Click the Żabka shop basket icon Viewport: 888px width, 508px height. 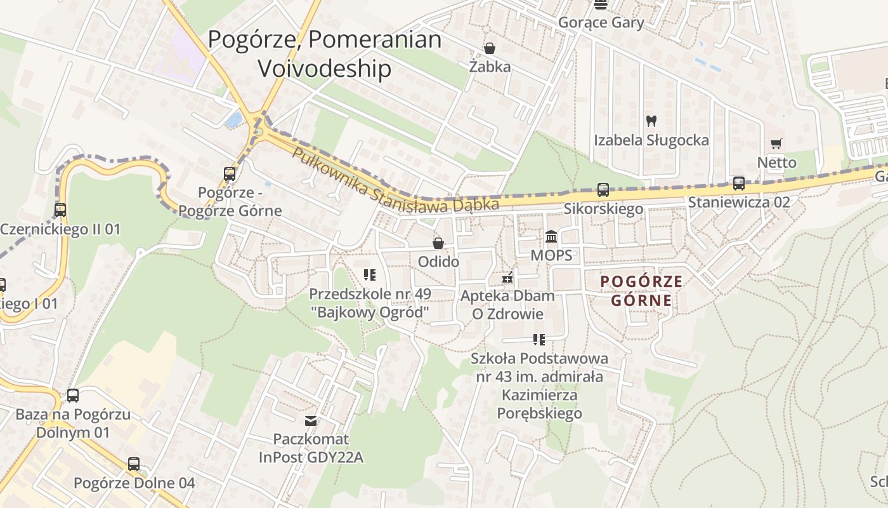click(x=490, y=48)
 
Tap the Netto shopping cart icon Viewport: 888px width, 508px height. click(x=776, y=145)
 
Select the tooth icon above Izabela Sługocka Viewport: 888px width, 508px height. click(x=651, y=121)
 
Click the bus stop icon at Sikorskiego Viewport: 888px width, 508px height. click(x=603, y=189)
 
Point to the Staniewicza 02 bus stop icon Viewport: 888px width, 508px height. click(x=739, y=184)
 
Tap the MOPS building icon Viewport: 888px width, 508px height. click(x=551, y=236)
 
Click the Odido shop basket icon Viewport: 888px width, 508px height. click(x=438, y=243)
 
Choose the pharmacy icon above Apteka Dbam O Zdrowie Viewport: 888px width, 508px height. click(x=507, y=277)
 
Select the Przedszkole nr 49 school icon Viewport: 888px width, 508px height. click(x=370, y=275)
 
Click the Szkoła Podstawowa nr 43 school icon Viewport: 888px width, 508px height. click(x=539, y=340)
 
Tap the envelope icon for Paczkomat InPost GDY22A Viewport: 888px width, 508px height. click(x=311, y=420)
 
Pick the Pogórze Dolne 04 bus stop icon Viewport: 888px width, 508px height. click(x=134, y=464)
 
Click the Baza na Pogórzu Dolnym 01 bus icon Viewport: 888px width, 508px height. click(x=73, y=396)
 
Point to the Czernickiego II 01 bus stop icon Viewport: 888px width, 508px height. click(x=60, y=210)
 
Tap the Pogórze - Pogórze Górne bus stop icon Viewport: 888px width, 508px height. click(x=230, y=173)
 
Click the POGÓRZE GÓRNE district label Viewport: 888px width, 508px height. click(x=641, y=291)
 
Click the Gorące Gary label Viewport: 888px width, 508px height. click(x=601, y=23)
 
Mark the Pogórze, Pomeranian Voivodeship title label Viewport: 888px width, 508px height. click(x=325, y=53)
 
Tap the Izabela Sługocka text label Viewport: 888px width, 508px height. click(x=651, y=140)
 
